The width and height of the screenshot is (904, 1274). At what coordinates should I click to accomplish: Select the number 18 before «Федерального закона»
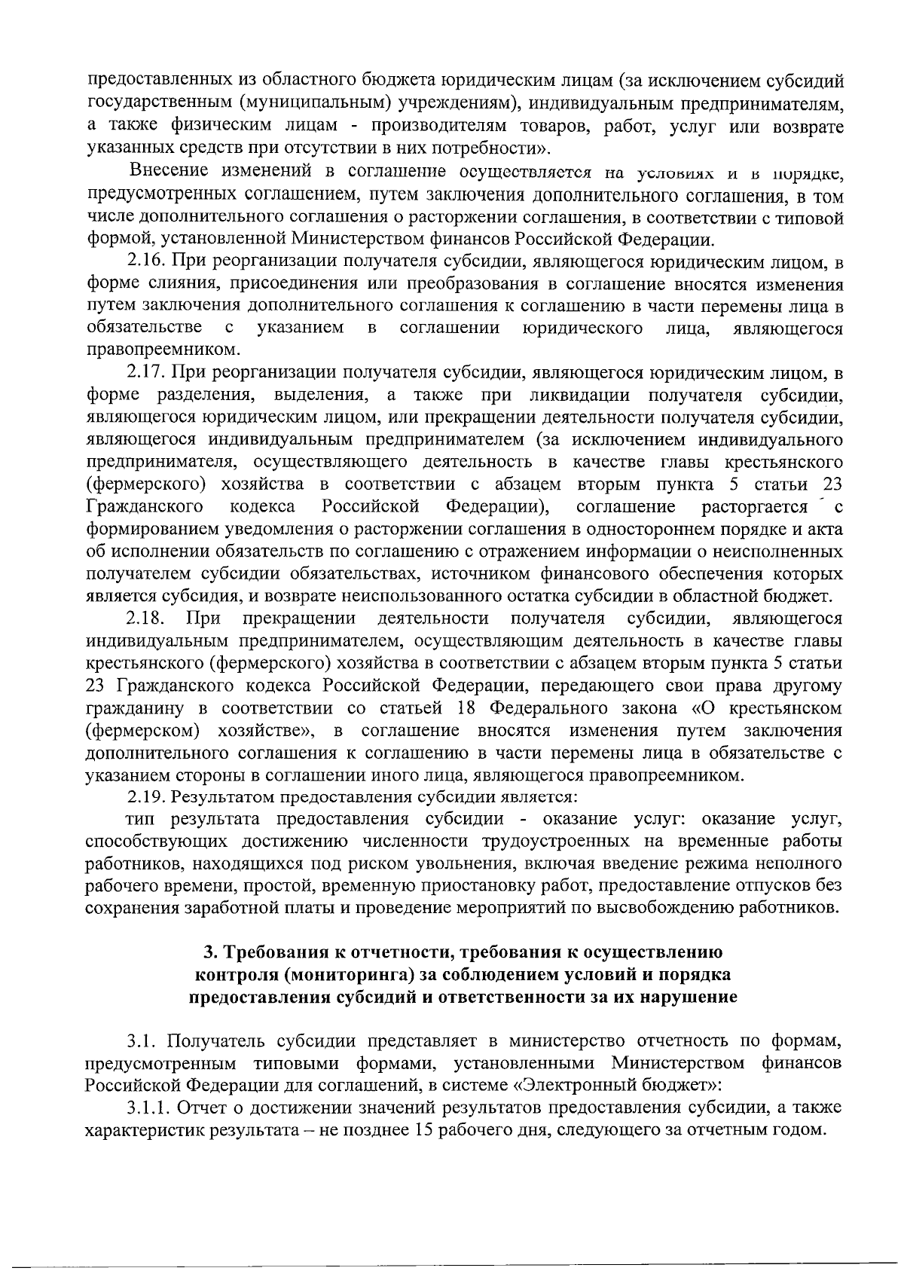coord(468,709)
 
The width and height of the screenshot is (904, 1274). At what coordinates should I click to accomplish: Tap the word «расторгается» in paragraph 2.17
coord(747,507)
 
